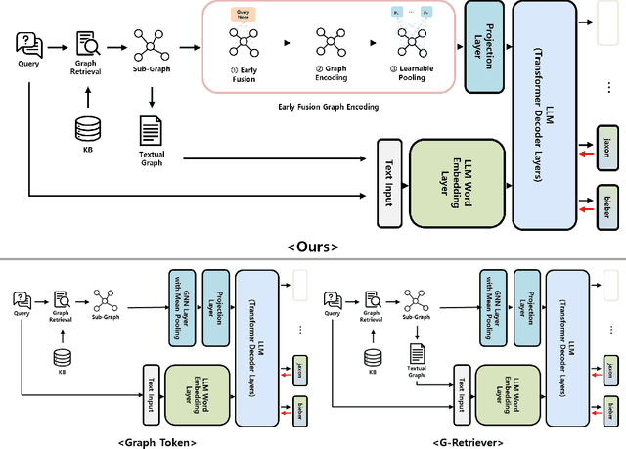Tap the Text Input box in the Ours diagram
[391, 183]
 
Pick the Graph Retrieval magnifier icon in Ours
[90, 45]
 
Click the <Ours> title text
[313, 247]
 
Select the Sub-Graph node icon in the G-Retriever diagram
[414, 299]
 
